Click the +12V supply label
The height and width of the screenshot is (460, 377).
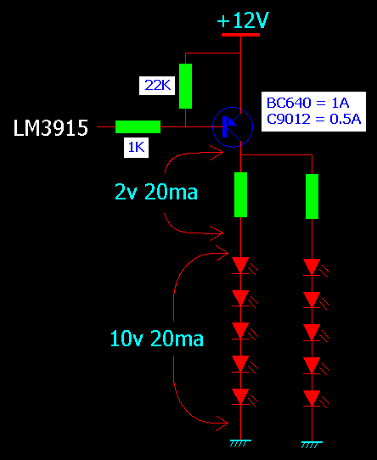pos(243,20)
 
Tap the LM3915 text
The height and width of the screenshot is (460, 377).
pos(51,128)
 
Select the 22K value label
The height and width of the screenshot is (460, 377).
pos(157,86)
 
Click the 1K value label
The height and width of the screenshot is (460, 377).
pos(136,147)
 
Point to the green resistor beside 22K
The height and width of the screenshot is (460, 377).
pos(186,86)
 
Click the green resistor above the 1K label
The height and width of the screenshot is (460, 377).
pos(138,126)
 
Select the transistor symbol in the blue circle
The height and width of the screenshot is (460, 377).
pos(233,127)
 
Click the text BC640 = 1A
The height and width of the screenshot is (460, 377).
pos(307,103)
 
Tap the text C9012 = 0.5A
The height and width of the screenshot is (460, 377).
pos(313,119)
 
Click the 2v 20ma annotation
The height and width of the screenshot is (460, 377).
pos(156,192)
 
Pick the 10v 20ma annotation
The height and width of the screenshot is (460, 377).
pos(156,339)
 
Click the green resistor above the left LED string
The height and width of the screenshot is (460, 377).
pos(241,195)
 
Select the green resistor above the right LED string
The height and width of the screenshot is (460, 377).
pos(312,197)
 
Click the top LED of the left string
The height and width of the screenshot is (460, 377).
pos(242,266)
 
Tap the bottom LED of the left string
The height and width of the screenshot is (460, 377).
pos(242,397)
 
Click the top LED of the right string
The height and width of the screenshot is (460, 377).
pos(313,267)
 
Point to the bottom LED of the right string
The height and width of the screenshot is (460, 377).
pos(313,399)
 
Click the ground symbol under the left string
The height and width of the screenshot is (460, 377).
pos(240,443)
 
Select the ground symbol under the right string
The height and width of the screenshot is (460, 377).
pos(312,445)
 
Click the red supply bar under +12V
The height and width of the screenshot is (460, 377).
pos(240,35)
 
